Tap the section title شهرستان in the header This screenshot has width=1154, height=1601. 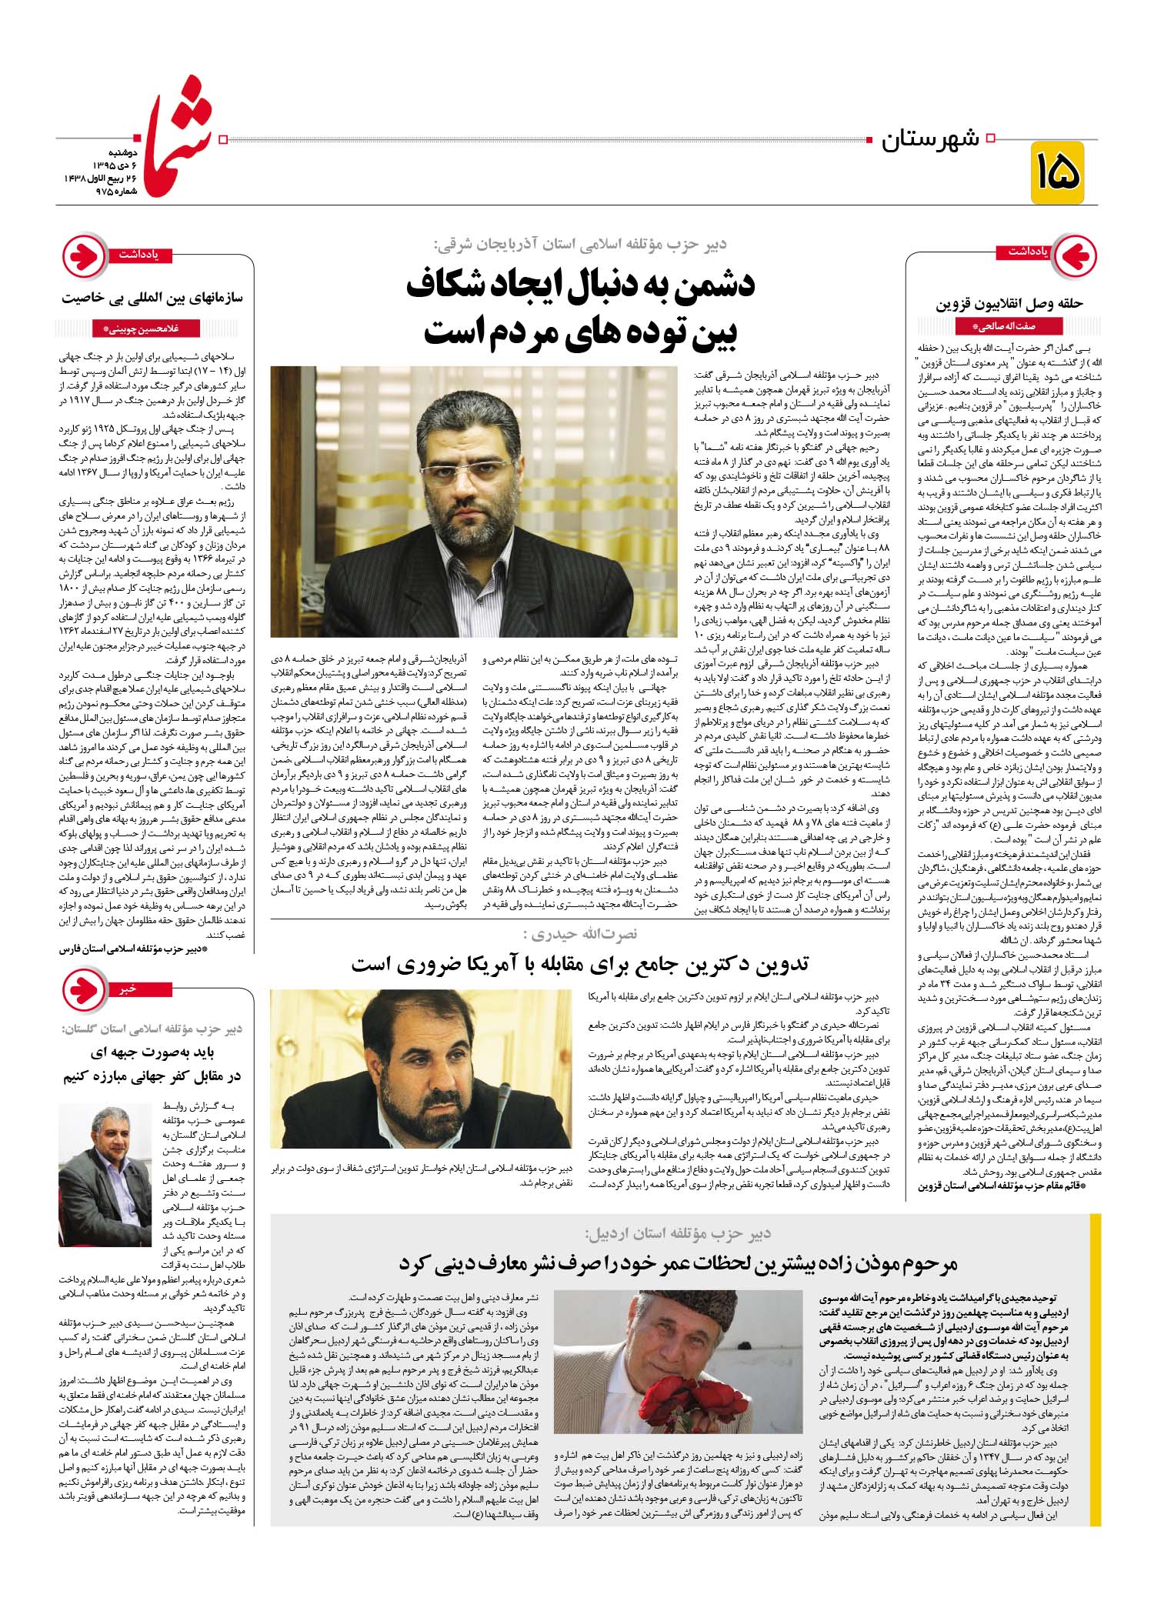(x=930, y=141)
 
